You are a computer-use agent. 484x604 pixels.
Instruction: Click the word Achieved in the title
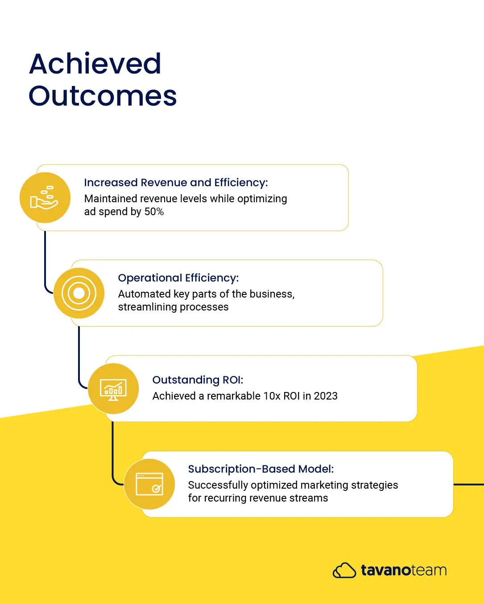[95, 64]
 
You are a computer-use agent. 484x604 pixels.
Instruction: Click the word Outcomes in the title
[103, 96]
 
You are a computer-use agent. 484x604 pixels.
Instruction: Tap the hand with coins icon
[44, 198]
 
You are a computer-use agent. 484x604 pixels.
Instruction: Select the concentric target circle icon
[79, 293]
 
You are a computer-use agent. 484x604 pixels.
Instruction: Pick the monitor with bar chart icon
[113, 389]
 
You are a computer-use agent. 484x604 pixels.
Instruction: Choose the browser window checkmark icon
[149, 484]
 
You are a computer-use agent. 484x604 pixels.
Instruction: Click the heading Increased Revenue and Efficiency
[176, 183]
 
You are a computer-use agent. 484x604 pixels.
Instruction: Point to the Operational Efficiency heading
[178, 278]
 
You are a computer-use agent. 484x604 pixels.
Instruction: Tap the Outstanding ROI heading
[198, 380]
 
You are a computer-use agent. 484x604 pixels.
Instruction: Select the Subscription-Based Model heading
[261, 469]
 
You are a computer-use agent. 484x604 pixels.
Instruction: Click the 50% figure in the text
[154, 212]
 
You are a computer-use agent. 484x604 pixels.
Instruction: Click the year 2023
[326, 396]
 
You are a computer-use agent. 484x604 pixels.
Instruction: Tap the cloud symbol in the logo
[344, 570]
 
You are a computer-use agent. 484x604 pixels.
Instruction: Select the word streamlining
[148, 307]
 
